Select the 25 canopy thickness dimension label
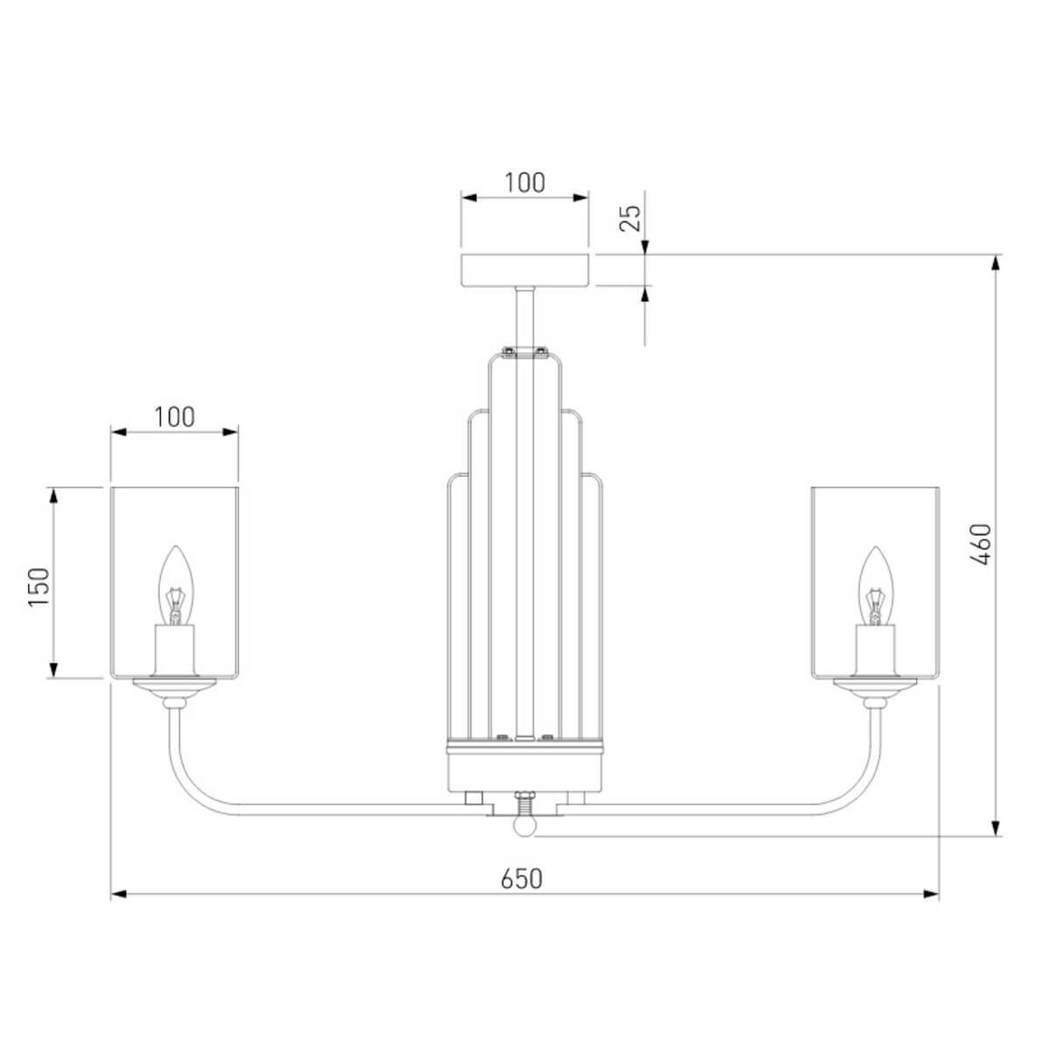click(x=631, y=219)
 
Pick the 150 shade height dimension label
click(x=39, y=587)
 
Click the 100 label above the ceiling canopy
click(x=524, y=183)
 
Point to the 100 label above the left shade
click(x=174, y=418)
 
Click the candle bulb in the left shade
click(x=176, y=586)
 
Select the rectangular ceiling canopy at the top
click(x=524, y=270)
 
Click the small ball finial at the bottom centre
click(x=524, y=826)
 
